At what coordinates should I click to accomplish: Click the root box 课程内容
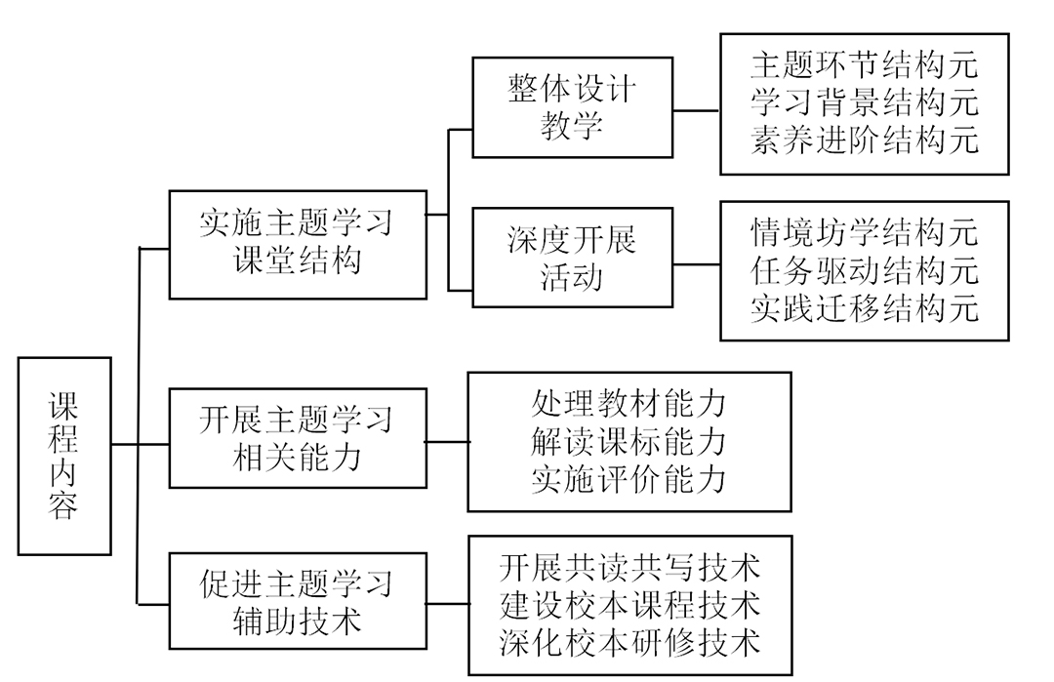pyautogui.click(x=64, y=456)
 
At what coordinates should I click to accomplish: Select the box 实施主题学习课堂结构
pyautogui.click(x=297, y=244)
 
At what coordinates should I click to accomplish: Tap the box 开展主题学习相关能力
pyautogui.click(x=297, y=436)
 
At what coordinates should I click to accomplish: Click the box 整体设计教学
pyautogui.click(x=572, y=108)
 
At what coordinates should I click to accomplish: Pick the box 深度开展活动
pyautogui.click(x=572, y=259)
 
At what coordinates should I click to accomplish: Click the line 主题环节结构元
pyautogui.click(x=864, y=65)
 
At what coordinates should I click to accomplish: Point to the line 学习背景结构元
pyautogui.click(x=864, y=102)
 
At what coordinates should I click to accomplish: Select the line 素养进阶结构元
pyautogui.click(x=864, y=140)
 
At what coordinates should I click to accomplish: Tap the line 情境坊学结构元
pyautogui.click(x=864, y=232)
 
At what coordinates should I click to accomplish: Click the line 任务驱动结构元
pyautogui.click(x=864, y=269)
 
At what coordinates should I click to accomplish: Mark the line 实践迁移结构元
pyautogui.click(x=864, y=306)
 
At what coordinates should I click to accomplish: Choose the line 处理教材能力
pyautogui.click(x=629, y=404)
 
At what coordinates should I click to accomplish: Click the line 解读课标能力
pyautogui.click(x=629, y=441)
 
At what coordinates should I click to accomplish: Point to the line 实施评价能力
pyautogui.click(x=629, y=478)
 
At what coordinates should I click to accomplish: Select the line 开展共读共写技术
pyautogui.click(x=629, y=567)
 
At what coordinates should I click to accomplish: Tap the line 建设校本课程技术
pyautogui.click(x=629, y=604)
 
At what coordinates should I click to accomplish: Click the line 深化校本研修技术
pyautogui.click(x=629, y=641)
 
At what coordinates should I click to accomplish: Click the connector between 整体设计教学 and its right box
pyautogui.click(x=697, y=110)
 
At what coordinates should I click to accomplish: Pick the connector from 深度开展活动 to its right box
pyautogui.click(x=697, y=263)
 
